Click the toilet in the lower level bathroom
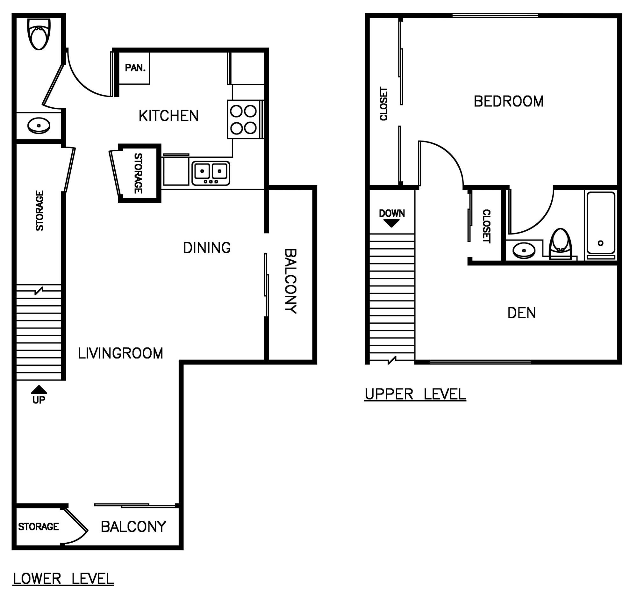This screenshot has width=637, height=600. [39, 34]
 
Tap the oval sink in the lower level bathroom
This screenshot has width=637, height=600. [39, 126]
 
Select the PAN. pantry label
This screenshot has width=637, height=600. [135, 68]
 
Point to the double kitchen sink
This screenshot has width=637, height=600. [211, 173]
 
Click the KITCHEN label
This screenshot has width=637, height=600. [168, 116]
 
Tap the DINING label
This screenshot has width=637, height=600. [207, 248]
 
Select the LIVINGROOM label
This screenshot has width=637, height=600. [120, 353]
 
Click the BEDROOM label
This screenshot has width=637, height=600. [509, 101]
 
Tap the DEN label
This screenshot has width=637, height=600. [522, 313]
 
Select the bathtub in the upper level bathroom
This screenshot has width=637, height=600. [601, 225]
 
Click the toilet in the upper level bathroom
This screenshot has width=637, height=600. [561, 244]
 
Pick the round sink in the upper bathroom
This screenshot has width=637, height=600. [524, 250]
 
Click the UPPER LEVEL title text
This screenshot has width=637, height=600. [415, 394]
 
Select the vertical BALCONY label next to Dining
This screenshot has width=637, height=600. [290, 281]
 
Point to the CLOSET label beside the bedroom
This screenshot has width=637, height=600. [383, 104]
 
